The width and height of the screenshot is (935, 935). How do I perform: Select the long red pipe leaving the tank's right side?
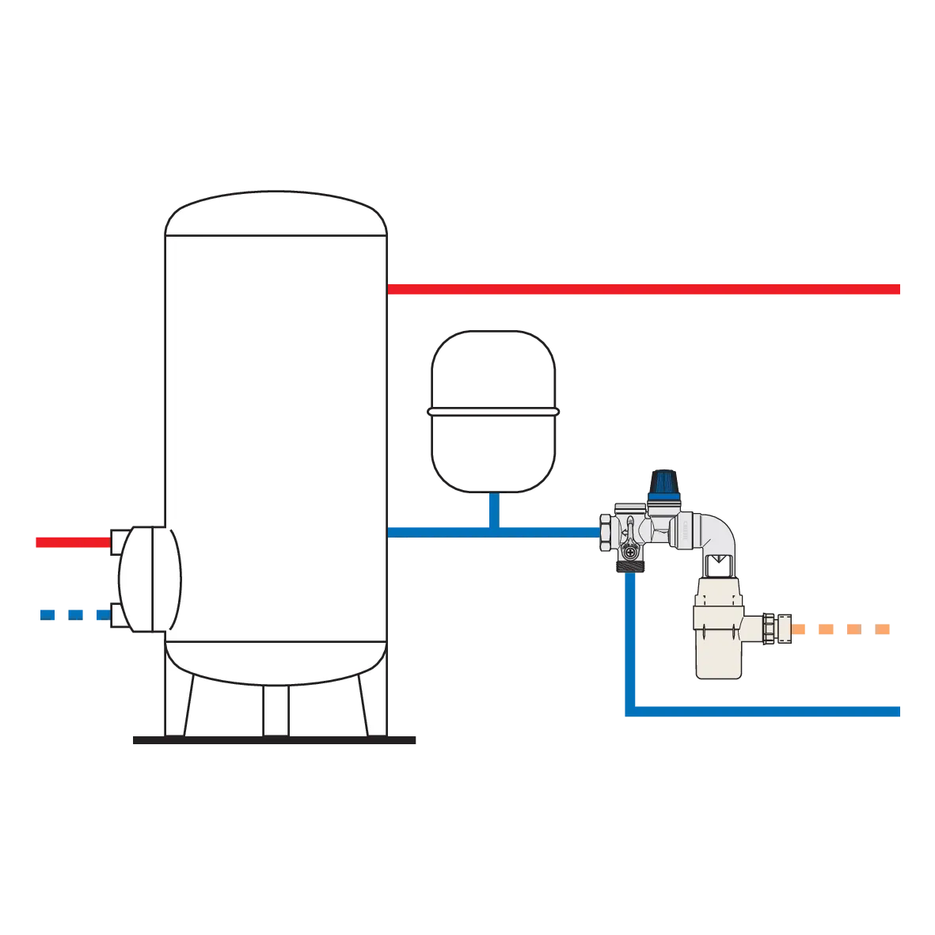pos(645,289)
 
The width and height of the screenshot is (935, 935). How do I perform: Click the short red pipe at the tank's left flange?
pos(71,542)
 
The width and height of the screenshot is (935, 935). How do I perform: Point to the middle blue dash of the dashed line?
pos(75,614)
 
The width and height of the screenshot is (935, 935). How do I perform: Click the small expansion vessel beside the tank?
pos(493,412)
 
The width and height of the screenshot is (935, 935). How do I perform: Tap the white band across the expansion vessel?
pos(493,412)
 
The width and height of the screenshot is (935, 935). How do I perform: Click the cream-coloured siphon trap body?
pos(716,633)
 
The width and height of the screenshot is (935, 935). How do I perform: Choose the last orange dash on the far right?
pos(883,630)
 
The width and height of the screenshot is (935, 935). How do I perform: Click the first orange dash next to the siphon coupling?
pos(801,630)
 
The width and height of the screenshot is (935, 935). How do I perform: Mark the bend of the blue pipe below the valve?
pos(631,710)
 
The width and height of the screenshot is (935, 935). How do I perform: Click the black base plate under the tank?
pos(275,742)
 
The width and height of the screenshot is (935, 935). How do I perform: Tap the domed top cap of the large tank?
pos(276,212)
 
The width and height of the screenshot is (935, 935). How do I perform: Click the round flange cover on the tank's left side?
pos(149,579)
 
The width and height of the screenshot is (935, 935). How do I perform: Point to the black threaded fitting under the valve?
pos(629,568)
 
